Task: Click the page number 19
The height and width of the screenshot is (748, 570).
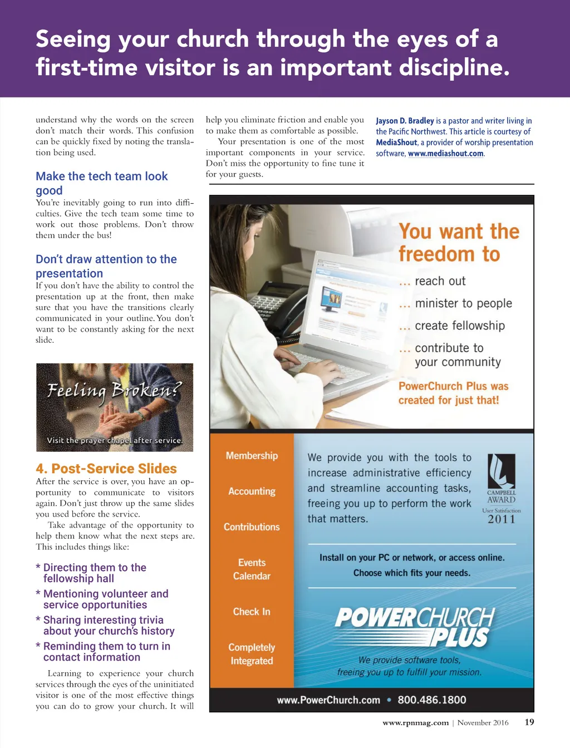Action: pos(529,722)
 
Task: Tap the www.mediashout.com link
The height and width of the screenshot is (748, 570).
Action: pos(445,154)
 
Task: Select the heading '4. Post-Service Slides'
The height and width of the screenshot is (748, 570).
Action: pos(106,469)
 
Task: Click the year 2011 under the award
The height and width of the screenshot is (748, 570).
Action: pos(502,519)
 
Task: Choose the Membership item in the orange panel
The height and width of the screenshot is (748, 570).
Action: pos(252,456)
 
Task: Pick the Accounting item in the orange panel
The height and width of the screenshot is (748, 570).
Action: pos(252,491)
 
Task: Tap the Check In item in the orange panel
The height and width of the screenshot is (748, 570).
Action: pos(252,612)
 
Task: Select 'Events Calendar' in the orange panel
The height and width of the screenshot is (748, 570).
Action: pos(252,569)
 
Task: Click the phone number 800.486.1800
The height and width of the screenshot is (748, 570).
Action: pos(432,700)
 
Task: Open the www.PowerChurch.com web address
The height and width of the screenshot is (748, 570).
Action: pos(328,700)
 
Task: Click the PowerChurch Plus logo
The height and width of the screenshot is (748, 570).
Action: pos(414,627)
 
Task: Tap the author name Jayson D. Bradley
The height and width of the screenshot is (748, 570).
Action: pos(405,121)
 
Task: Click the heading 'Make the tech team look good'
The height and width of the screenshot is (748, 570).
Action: pos(101,183)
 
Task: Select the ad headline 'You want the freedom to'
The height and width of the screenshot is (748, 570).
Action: pos(459,243)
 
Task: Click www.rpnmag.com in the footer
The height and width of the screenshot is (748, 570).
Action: pos(415,723)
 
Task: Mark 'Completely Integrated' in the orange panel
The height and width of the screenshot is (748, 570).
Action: pos(252,654)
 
